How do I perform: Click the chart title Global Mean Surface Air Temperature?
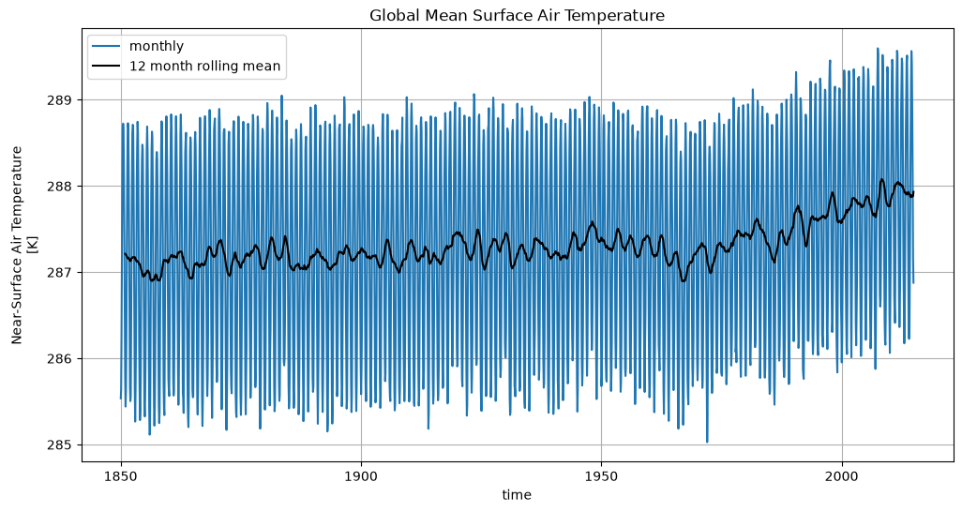pyautogui.click(x=517, y=15)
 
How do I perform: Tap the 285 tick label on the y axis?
pyautogui.click(x=65, y=445)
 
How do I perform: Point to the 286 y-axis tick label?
pyautogui.click(x=65, y=358)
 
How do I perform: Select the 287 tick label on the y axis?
pyautogui.click(x=65, y=273)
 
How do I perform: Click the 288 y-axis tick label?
pyautogui.click(x=65, y=186)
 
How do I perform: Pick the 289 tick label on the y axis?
pyautogui.click(x=65, y=100)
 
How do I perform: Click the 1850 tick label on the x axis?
pyautogui.click(x=121, y=477)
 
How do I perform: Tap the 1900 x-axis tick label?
pyautogui.click(x=361, y=477)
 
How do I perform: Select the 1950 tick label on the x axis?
pyautogui.click(x=601, y=477)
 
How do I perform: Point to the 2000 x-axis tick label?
pyautogui.click(x=842, y=477)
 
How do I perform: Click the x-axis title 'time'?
pyautogui.click(x=517, y=495)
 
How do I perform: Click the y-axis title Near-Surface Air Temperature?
pyautogui.click(x=17, y=245)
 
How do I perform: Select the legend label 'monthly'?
pyautogui.click(x=157, y=46)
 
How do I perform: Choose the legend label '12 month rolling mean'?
pyautogui.click(x=205, y=66)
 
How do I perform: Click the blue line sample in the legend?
pyautogui.click(x=107, y=47)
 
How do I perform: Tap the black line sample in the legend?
pyautogui.click(x=107, y=67)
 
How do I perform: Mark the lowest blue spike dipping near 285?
pyautogui.click(x=707, y=441)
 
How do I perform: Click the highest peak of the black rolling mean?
pyautogui.click(x=881, y=179)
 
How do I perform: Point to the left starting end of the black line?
pyautogui.click(x=125, y=253)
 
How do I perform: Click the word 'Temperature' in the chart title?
pyautogui.click(x=619, y=15)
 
